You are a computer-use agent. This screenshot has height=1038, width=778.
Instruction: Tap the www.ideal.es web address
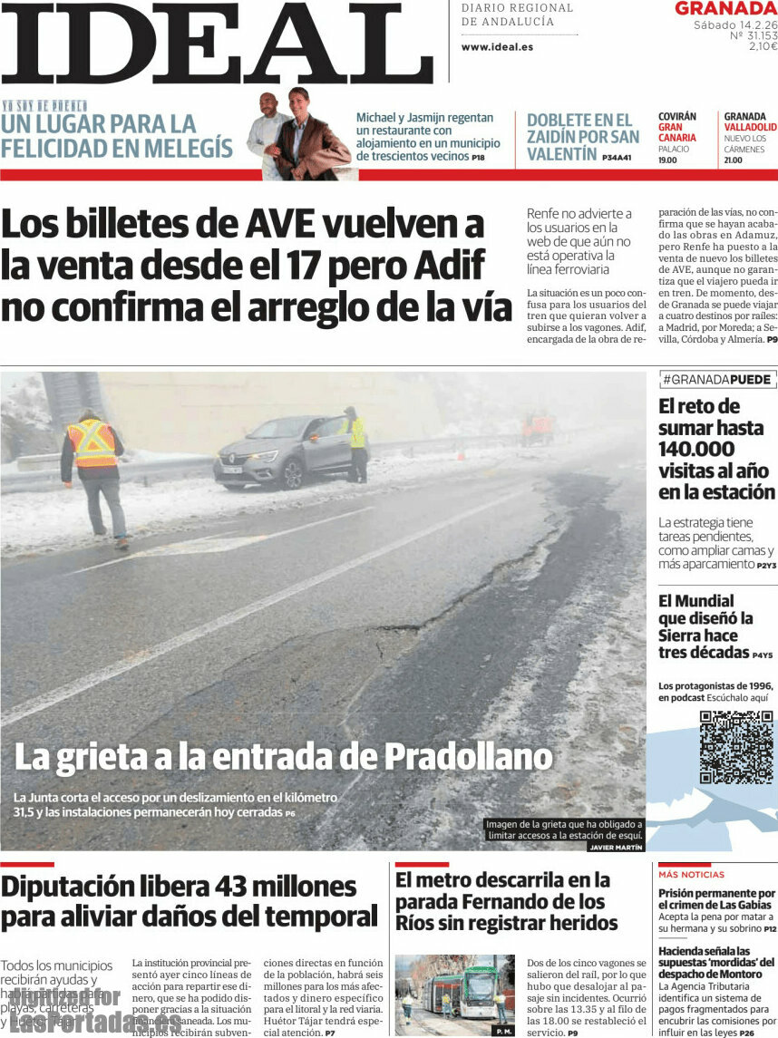coord(497,47)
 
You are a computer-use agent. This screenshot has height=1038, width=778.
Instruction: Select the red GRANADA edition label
coord(725,9)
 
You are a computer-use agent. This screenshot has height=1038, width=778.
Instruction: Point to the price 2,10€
coord(762,46)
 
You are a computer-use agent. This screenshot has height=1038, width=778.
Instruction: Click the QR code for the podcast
coord(736,748)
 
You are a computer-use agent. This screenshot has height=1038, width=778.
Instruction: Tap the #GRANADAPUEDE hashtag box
coord(718,380)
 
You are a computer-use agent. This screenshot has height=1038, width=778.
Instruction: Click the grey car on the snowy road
coord(279,452)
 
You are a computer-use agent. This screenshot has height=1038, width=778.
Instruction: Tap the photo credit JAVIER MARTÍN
coord(616,847)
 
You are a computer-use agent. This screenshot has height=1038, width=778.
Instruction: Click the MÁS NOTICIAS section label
coord(691,875)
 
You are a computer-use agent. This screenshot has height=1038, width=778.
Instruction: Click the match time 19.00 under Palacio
coord(667,160)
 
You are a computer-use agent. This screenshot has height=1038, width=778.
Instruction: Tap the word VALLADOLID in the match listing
coord(750,127)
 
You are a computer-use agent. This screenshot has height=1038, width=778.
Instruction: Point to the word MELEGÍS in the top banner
coord(187,148)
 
